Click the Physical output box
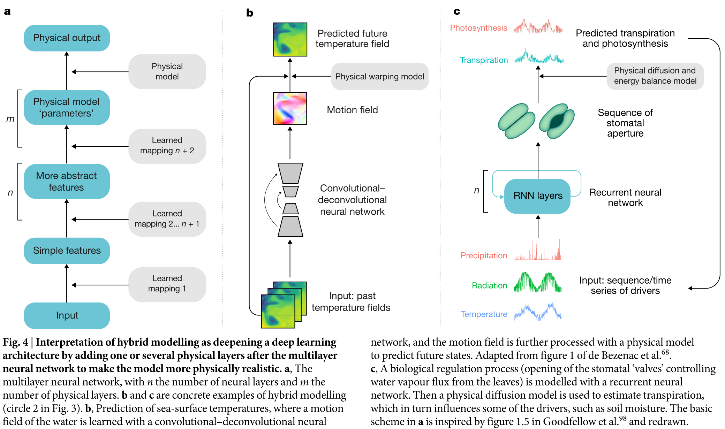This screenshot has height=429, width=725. click(67, 38)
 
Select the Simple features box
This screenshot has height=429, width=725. click(67, 251)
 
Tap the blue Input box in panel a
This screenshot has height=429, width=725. click(67, 315)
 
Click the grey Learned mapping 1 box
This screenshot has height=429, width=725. click(167, 284)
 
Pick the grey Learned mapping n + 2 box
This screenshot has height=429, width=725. click(167, 146)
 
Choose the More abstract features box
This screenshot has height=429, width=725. click(67, 182)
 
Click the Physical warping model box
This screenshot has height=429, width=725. click(379, 76)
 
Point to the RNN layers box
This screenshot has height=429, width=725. click(537, 196)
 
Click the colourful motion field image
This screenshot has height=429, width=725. click(290, 108)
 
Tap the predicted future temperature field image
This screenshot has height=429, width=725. click(290, 39)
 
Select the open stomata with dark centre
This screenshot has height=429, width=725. click(556, 121)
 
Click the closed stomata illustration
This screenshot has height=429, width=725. click(516, 121)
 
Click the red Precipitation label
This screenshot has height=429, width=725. click(483, 255)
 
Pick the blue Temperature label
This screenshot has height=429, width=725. click(483, 314)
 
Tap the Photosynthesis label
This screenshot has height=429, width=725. click(478, 28)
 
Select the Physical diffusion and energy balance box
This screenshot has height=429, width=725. click(655, 76)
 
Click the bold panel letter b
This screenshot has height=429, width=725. click(250, 13)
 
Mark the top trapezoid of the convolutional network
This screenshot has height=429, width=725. click(290, 173)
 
